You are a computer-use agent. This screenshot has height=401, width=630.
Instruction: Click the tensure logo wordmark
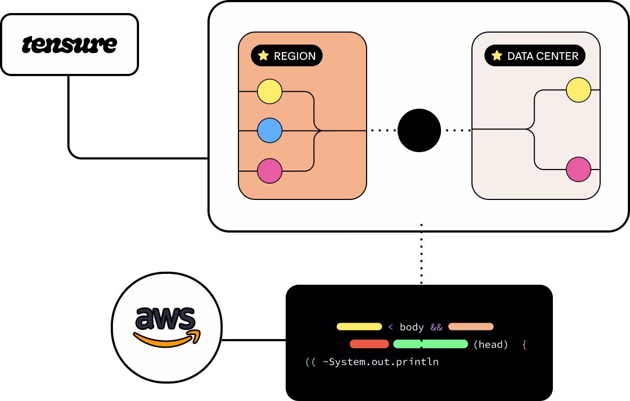tap(69, 45)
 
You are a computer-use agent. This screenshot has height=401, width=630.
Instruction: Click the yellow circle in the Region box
tap(269, 91)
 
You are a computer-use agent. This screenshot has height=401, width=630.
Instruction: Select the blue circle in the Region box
tap(269, 130)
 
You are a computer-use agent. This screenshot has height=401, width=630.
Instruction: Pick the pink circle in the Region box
tap(269, 171)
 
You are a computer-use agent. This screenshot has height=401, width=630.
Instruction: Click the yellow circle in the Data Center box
tap(578, 90)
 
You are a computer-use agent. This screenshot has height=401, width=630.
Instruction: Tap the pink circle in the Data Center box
tap(578, 170)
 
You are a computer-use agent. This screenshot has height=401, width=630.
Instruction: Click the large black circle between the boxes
tap(419, 130)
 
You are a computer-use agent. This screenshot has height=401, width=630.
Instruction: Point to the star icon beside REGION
tap(263, 55)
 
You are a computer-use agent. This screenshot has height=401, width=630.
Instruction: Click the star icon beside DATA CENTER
tap(496, 55)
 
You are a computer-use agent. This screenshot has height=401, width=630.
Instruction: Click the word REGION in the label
tap(294, 56)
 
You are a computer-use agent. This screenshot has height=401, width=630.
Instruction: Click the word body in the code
tap(412, 327)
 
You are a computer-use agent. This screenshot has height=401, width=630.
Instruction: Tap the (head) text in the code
tap(491, 344)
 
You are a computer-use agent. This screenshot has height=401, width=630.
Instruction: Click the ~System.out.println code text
tap(381, 361)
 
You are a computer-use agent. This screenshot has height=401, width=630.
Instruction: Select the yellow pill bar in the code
tap(359, 327)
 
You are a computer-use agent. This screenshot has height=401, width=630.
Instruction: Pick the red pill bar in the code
tap(369, 344)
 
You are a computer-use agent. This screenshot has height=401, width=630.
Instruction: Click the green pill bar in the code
tap(430, 344)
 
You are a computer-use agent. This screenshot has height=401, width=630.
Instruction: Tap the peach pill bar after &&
tap(471, 327)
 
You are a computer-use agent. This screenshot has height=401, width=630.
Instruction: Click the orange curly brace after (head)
tap(524, 344)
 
